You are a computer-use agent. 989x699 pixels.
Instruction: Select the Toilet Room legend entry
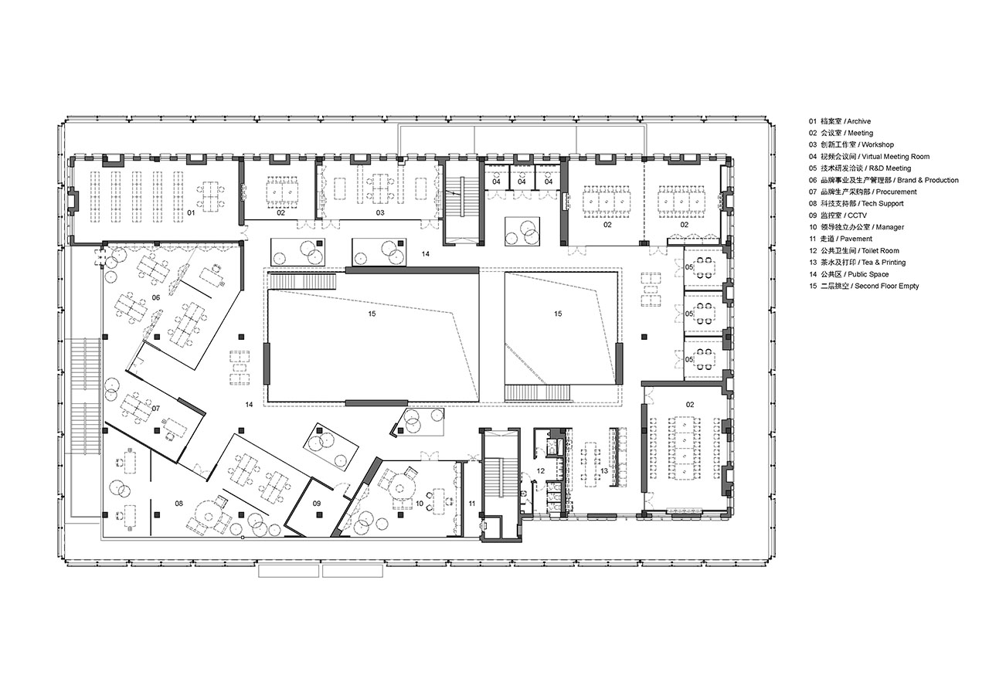point(854,251)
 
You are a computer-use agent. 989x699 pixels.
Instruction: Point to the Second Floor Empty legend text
point(864,286)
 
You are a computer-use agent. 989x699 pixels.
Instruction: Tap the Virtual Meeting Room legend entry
point(869,157)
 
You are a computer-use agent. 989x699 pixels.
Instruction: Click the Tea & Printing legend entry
point(857,263)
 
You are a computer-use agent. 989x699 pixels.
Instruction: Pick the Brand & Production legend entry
point(883,180)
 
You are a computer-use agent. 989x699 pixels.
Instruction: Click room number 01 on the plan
point(191,212)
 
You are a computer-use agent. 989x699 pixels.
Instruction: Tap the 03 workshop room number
point(380,212)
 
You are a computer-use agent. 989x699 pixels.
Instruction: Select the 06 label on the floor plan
point(156,298)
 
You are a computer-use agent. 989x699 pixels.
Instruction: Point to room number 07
point(155,409)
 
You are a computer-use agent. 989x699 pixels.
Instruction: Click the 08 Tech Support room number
point(178,503)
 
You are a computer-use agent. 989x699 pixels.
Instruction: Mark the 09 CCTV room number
point(317,504)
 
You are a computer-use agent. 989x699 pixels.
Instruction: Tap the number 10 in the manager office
point(420,504)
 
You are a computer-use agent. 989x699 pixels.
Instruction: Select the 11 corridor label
point(472,504)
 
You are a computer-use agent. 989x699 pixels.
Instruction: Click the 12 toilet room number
point(541,471)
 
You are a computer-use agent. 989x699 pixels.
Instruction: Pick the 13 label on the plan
point(604,471)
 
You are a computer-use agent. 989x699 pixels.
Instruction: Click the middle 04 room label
point(522,182)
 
